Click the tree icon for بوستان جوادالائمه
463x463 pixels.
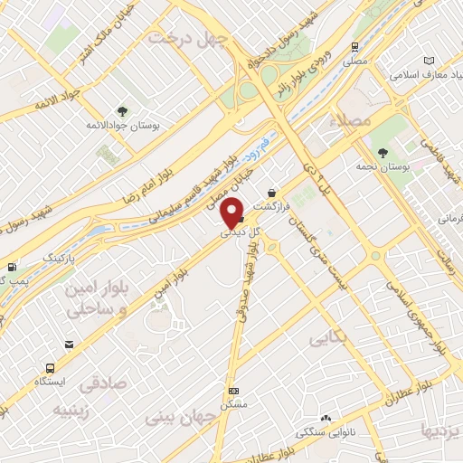coord(122,112)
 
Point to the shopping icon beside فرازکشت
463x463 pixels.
coord(272,192)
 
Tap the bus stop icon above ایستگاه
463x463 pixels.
coord(49,368)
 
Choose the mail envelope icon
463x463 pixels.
coord(70,344)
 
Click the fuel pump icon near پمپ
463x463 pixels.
coord(11,267)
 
